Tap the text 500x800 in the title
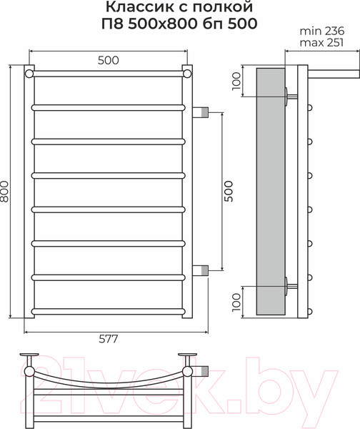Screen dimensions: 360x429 [x=163, y=24]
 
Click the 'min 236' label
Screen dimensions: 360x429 [x=322, y=31]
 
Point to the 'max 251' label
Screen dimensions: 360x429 [x=321, y=43]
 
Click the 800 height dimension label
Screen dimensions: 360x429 [x=5, y=191]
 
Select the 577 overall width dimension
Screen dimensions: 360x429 [x=109, y=339]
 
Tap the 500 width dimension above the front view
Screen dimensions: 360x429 [x=109, y=60]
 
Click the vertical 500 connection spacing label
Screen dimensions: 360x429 [x=229, y=191]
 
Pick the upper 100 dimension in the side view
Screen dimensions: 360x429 [x=236, y=81]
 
